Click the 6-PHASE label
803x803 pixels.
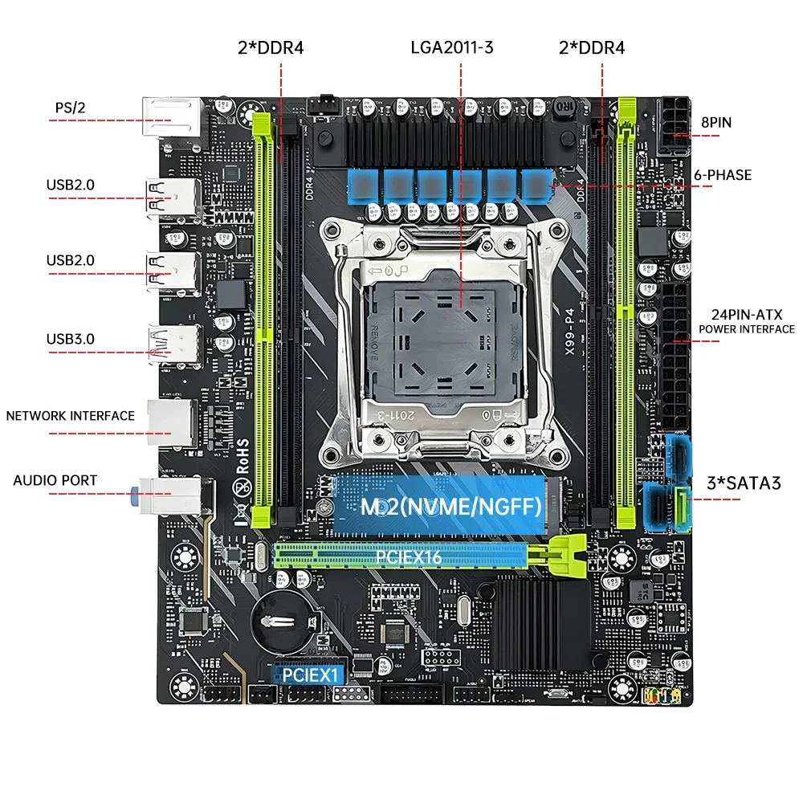[x=722, y=174]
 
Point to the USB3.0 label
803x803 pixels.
[x=70, y=338]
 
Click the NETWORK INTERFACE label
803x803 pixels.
[x=71, y=416]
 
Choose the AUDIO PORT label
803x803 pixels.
[x=55, y=480]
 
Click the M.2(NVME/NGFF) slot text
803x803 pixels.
[x=437, y=507]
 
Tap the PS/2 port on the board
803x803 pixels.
[x=170, y=119]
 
